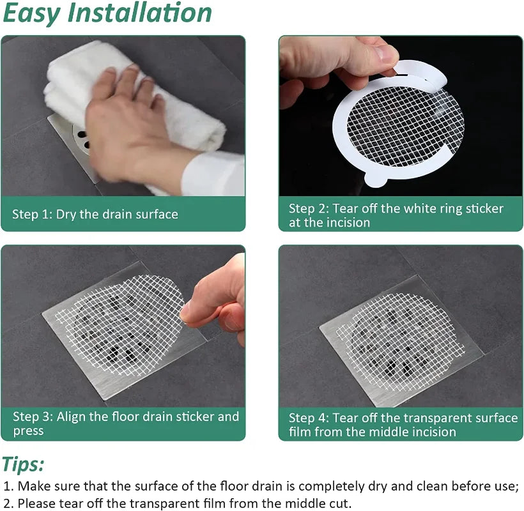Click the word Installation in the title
tap(140, 13)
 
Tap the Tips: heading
tap(23, 464)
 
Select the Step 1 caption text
tap(95, 214)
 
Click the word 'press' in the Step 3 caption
tap(28, 431)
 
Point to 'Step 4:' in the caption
tap(309, 418)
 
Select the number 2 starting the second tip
tap(7, 503)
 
